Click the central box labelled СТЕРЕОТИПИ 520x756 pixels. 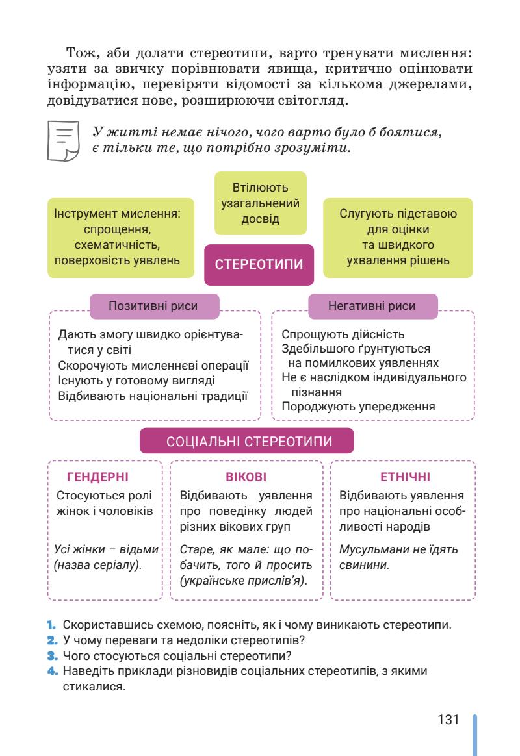click(x=259, y=265)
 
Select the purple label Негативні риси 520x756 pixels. click(x=372, y=306)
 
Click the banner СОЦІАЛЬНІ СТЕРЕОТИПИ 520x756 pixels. click(x=247, y=441)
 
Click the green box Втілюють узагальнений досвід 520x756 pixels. click(x=260, y=203)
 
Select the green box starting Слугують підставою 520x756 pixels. click(x=398, y=238)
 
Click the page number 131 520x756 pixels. click(x=448, y=720)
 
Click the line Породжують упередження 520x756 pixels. click(x=357, y=407)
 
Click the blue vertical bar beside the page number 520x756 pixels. click(x=475, y=734)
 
